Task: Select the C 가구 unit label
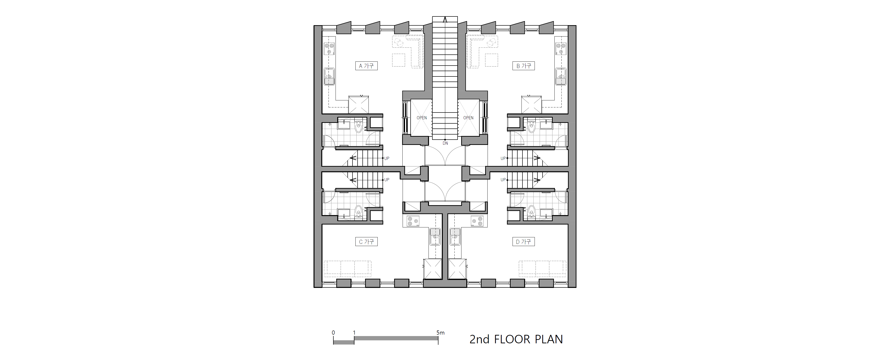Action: click(366, 242)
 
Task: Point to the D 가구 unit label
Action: click(523, 242)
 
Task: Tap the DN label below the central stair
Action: click(445, 143)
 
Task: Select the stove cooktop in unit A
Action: click(90, 49)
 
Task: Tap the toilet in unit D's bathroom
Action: click(531, 211)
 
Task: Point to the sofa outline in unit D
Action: click(542, 269)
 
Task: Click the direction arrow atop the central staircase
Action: click(445, 20)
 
